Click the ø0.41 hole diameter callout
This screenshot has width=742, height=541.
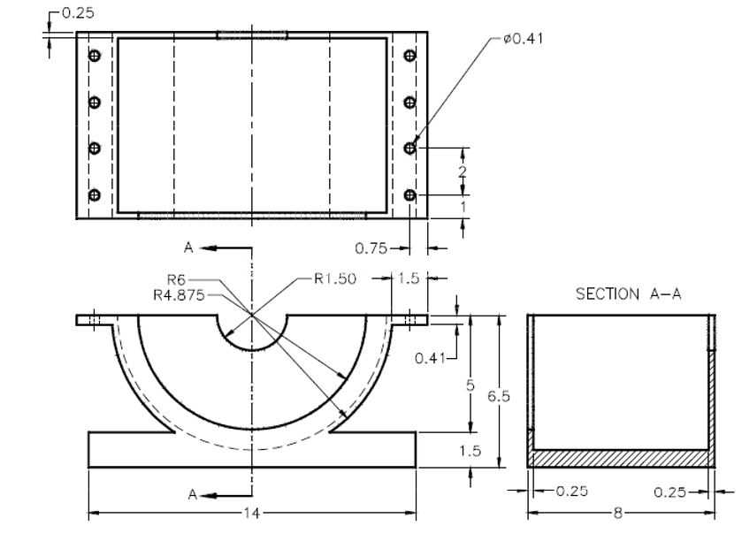point(524,38)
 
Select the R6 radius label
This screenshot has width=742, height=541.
point(178,279)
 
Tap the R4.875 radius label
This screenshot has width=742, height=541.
point(179,295)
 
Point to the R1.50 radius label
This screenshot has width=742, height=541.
point(335,278)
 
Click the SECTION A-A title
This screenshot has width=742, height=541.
point(629,294)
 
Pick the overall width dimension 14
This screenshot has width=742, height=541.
point(252,513)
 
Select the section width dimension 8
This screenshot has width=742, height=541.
point(617,513)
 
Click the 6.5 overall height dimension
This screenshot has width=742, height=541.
point(499,396)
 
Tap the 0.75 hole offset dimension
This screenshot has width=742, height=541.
point(371,248)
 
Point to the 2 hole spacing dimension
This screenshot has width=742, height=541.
point(463,171)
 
